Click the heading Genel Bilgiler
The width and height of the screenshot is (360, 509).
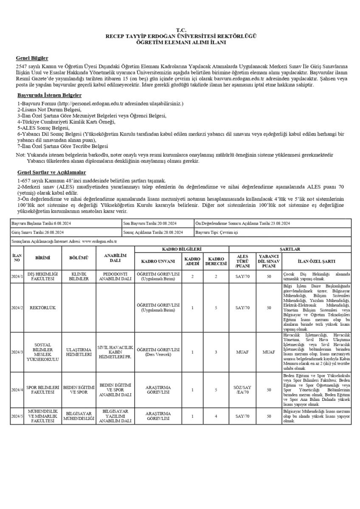(32, 58)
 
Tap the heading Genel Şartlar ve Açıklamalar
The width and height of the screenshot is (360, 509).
(51, 172)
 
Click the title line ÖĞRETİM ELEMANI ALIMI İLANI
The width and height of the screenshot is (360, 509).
(180, 42)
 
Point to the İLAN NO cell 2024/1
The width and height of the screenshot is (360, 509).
(17, 276)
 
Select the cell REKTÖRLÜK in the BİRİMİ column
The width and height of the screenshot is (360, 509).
(42, 308)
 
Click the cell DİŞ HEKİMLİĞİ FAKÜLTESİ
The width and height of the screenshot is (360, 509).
(42, 276)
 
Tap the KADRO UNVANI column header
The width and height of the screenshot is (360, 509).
(158, 260)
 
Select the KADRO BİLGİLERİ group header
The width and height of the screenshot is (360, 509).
(182, 249)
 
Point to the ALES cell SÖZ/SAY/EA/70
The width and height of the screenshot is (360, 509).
(242, 390)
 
